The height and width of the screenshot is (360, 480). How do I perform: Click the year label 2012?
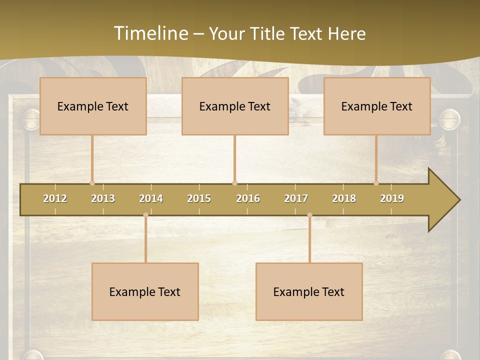tap(55, 198)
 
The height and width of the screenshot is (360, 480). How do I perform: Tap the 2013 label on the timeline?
tap(103, 198)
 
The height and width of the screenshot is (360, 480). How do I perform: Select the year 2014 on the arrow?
tap(151, 198)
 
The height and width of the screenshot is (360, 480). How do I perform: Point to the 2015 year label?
tap(199, 198)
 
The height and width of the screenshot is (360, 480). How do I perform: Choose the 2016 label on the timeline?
tap(248, 198)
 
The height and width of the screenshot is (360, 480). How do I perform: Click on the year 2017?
tap(296, 198)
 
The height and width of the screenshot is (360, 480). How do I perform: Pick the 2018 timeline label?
tap(344, 198)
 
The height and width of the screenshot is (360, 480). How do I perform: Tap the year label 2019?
tap(392, 198)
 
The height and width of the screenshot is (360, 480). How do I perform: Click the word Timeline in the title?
tap(150, 33)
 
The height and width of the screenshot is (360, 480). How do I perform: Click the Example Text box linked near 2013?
tap(93, 106)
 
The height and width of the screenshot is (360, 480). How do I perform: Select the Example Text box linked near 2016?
tap(235, 106)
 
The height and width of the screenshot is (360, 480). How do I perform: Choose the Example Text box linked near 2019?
tap(377, 106)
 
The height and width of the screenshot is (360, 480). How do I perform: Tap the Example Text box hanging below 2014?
tap(145, 291)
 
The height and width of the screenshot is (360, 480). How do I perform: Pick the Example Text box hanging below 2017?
tap(309, 291)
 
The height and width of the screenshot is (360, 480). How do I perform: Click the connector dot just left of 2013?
tap(92, 183)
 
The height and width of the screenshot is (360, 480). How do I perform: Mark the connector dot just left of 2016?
tap(234, 183)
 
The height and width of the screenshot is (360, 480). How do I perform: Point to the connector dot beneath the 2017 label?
tap(309, 215)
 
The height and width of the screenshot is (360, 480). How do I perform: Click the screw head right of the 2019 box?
tap(449, 119)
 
